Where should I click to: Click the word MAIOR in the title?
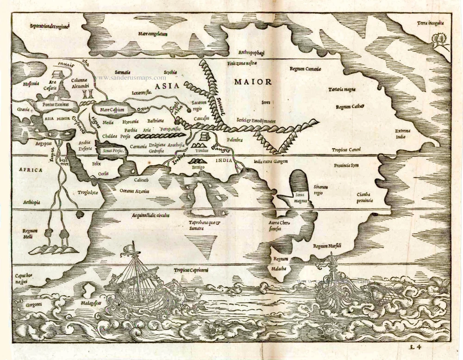pos(252,82)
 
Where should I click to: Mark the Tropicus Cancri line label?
pos(349,149)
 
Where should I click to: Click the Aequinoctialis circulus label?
pos(150,215)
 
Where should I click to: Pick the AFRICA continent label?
pos(31,170)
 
